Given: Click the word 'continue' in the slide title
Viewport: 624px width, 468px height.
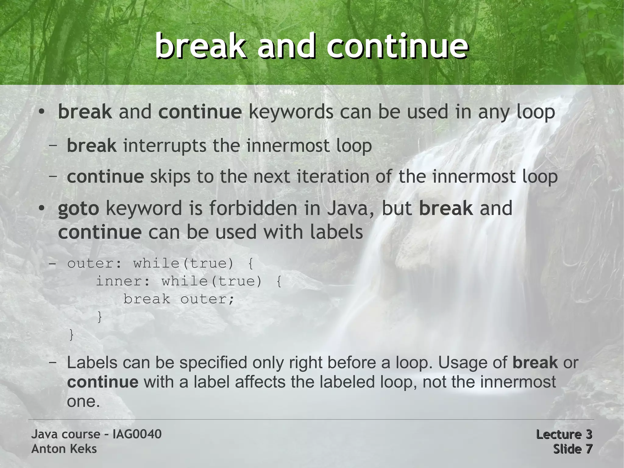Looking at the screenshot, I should (397, 46).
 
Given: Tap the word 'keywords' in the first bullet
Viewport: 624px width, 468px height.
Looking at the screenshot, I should (291, 112).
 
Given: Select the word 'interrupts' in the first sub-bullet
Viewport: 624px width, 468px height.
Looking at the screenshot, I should (165, 146).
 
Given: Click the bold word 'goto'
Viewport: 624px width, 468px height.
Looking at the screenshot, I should (78, 209).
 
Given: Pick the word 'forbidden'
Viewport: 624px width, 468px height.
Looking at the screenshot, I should (253, 208).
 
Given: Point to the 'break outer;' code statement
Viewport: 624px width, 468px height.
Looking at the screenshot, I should (179, 299).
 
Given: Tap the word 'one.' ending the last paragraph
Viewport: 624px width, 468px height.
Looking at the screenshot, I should (83, 401).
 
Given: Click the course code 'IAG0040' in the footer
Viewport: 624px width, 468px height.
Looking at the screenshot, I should (137, 434).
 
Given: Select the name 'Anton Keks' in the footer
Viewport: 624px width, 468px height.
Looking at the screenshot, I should (64, 449).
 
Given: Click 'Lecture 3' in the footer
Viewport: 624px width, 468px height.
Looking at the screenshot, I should (564, 434).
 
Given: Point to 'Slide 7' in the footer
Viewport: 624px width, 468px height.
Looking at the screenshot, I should (573, 449).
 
